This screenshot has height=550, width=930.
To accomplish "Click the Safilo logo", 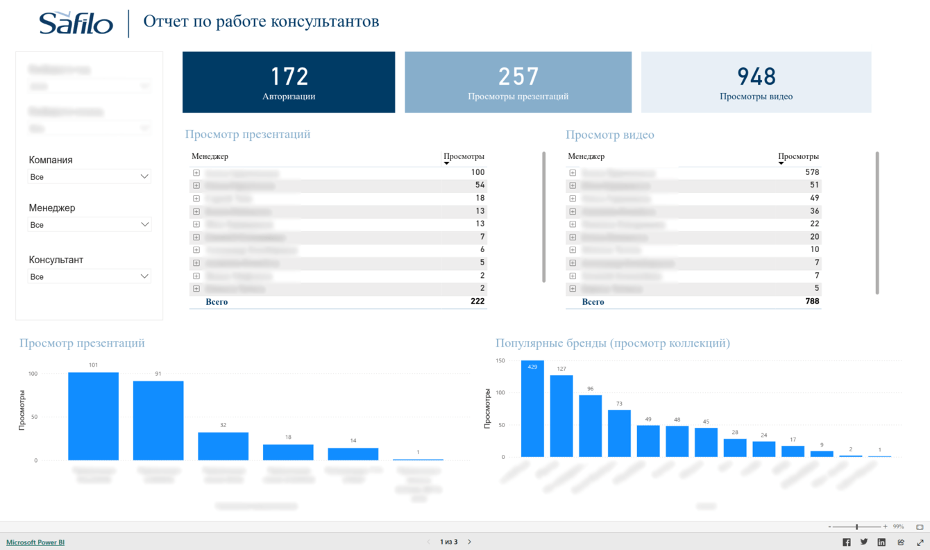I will pyautogui.click(x=76, y=24).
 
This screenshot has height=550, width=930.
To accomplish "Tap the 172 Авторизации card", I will pyautogui.click(x=289, y=82).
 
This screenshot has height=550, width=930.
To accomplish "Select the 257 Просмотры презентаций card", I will pyautogui.click(x=518, y=82).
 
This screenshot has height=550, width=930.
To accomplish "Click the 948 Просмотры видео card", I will pyautogui.click(x=756, y=82).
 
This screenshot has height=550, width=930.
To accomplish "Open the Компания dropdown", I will pyautogui.click(x=89, y=177).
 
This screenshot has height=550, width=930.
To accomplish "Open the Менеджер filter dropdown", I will pyautogui.click(x=89, y=225).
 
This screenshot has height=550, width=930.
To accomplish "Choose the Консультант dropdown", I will pyautogui.click(x=89, y=276).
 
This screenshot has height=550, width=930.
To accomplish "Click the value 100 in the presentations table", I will pyautogui.click(x=477, y=172).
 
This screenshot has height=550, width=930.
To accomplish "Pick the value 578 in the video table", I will pyautogui.click(x=812, y=172).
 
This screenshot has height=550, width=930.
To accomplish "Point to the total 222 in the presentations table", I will pyautogui.click(x=477, y=301).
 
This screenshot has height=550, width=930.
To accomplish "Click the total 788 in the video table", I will pyautogui.click(x=812, y=301).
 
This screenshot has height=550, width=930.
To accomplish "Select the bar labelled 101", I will pyautogui.click(x=93, y=416).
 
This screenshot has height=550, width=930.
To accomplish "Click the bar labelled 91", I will pyautogui.click(x=158, y=420).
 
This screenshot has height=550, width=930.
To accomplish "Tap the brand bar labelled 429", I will pyautogui.click(x=532, y=409).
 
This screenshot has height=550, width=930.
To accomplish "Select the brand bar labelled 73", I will pyautogui.click(x=619, y=433).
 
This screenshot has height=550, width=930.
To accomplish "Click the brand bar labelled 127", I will pyautogui.click(x=561, y=416).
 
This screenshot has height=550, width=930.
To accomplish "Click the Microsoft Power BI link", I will pyautogui.click(x=35, y=542).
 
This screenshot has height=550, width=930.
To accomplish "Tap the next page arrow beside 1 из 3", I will pyautogui.click(x=470, y=542).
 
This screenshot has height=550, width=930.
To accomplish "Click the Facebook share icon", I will pyautogui.click(x=846, y=542).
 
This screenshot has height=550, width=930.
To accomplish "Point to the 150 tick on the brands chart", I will pyautogui.click(x=500, y=360).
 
